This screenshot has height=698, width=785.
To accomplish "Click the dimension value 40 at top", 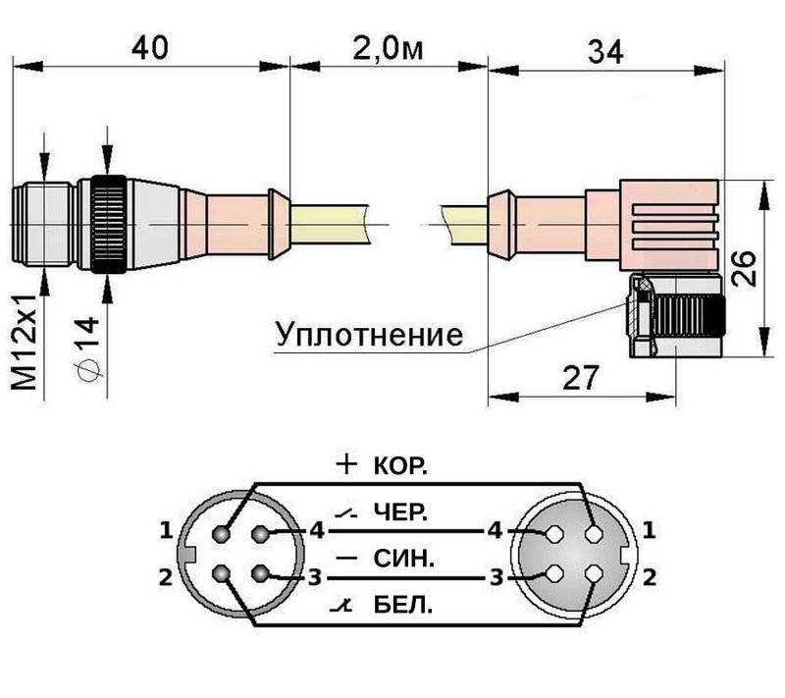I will (x=152, y=46).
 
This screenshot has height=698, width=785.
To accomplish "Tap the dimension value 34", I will (x=602, y=51).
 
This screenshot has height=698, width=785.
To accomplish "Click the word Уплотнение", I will (x=369, y=335).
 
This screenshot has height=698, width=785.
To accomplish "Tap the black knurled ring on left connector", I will (x=107, y=227).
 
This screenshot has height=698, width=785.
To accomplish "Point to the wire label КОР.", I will (x=400, y=467).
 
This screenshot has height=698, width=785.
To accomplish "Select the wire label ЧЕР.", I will (x=400, y=513).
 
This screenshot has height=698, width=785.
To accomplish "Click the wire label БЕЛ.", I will (x=400, y=606).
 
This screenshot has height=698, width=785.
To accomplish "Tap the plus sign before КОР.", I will (x=345, y=466).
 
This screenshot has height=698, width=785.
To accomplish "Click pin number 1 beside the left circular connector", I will (x=166, y=531).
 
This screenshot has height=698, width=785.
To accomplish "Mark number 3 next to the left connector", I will (x=315, y=576).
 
